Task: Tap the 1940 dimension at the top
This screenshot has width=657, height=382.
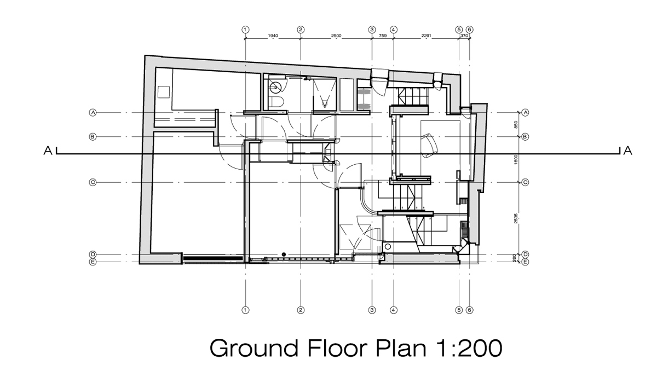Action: point(273,36)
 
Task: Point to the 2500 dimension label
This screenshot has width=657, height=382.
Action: point(336,36)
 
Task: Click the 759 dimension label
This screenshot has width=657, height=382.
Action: point(383,36)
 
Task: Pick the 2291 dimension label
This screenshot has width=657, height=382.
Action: point(426,36)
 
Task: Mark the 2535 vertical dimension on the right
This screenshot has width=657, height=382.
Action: point(517,218)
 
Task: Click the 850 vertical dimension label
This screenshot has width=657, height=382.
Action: point(517,124)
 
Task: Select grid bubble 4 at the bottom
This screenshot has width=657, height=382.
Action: point(394,310)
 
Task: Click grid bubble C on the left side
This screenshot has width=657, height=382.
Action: point(93,182)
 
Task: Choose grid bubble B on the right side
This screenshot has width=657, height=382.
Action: point(526,136)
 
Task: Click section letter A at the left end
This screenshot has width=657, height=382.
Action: point(48,151)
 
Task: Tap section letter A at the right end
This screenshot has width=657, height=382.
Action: point(627,151)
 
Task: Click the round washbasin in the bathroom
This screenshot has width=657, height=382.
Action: point(278,86)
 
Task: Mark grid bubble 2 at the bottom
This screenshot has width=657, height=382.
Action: point(301,310)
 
